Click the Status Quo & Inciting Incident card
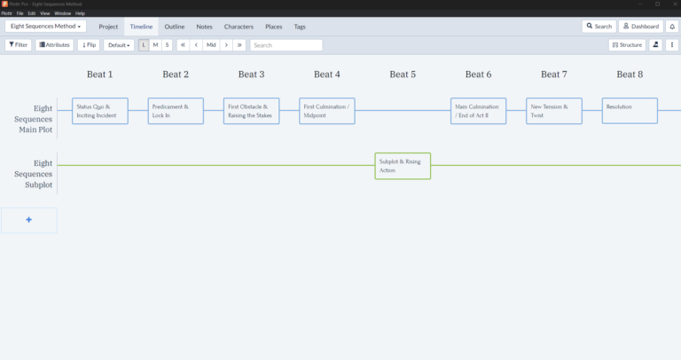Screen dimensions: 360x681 [99, 111]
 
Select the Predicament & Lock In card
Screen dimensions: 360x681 [176, 111]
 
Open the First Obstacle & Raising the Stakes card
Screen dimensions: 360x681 [251, 111]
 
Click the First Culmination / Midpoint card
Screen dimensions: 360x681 [327, 111]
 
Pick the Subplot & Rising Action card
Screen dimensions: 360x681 [403, 166]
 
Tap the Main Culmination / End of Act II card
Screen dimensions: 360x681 [479, 111]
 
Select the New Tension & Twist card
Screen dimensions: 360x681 [554, 111]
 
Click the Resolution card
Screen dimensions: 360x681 [630, 111]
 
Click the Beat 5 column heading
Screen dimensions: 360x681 [403, 74]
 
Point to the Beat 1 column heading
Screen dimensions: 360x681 [99, 74]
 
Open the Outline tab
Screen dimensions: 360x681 [175, 27]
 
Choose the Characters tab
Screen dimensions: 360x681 [239, 27]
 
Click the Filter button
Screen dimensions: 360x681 [18, 44]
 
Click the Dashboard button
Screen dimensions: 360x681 [640, 27]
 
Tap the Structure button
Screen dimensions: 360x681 [627, 44]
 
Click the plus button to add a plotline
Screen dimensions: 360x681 [29, 220]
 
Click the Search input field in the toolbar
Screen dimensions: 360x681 [286, 44]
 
